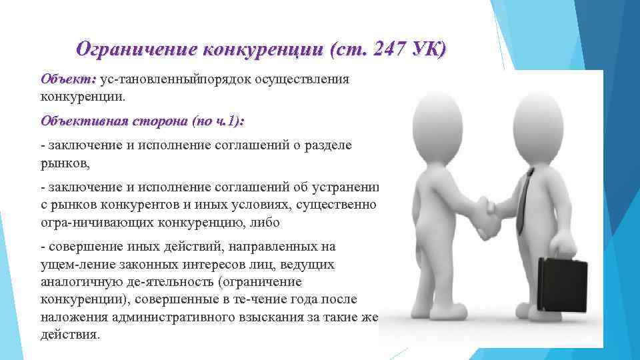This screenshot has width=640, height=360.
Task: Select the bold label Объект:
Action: coord(69,80)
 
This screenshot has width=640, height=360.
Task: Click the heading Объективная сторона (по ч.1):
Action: coord(142,122)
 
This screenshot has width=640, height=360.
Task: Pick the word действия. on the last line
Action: coord(70,335)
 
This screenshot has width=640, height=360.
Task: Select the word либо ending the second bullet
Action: coord(263,221)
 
